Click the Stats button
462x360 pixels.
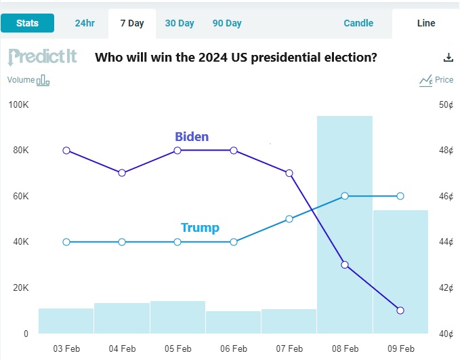27,23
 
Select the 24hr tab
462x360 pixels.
85,23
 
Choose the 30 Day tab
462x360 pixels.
180,23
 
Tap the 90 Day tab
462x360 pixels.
227,23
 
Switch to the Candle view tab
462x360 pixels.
358,23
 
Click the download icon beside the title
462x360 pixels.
447,58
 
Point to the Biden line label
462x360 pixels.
192,136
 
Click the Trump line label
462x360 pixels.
200,228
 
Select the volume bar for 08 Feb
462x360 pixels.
345,224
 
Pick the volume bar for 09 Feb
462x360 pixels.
400,272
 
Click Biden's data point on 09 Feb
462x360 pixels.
400,311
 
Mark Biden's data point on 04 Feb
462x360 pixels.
122,173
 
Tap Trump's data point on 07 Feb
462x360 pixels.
289,219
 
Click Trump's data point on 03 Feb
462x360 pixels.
66,242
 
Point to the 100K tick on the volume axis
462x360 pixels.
18,104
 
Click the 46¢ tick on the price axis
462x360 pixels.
446,196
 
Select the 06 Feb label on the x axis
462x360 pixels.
234,348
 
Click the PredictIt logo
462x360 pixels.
42,56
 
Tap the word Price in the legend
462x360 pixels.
444,80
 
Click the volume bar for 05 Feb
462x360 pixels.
177,317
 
